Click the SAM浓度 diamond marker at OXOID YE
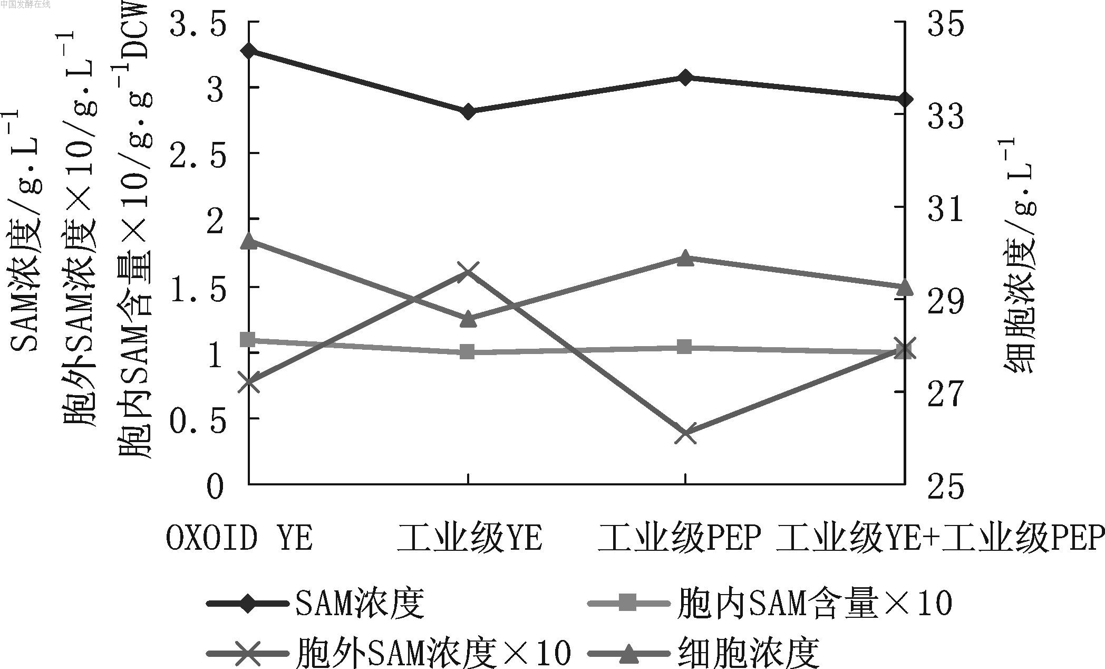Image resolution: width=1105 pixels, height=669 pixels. point(249,51)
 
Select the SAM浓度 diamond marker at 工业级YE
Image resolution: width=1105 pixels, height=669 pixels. point(468,112)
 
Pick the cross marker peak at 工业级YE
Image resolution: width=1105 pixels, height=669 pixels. point(468,272)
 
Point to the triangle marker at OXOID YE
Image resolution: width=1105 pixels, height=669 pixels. point(249,242)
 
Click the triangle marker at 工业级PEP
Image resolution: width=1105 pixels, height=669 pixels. point(685,258)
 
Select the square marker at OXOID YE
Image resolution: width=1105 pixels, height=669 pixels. point(249,340)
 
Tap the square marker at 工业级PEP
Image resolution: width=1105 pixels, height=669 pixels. point(685,347)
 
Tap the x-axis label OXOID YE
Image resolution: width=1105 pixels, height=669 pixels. point(240,539)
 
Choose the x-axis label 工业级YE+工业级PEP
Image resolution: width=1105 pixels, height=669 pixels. point(940,539)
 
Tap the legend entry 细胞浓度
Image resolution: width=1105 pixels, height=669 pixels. point(749,653)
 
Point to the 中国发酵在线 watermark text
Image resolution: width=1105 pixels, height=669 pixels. point(26,5)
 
